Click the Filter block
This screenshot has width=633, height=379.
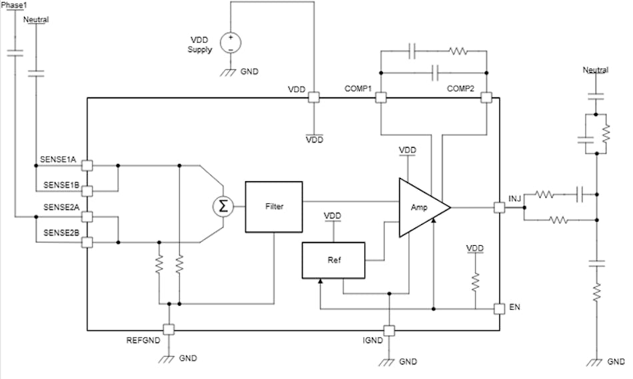(274, 206)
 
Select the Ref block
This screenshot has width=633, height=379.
(334, 260)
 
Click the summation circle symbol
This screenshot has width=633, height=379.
(223, 207)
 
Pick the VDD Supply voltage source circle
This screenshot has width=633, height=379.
(230, 43)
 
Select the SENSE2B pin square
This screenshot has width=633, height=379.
(87, 242)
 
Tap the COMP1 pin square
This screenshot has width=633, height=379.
(380, 98)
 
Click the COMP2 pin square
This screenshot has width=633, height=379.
(486, 98)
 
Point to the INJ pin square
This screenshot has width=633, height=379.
(499, 207)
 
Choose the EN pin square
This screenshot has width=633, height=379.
(499, 309)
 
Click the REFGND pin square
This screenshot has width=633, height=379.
(169, 329)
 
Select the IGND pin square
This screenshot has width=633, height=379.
(388, 330)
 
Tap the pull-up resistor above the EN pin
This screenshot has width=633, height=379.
(475, 282)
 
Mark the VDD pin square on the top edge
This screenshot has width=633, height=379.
(313, 98)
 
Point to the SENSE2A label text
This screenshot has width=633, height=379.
(61, 207)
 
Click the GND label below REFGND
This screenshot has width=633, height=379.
(188, 358)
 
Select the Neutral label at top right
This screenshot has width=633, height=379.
(595, 70)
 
